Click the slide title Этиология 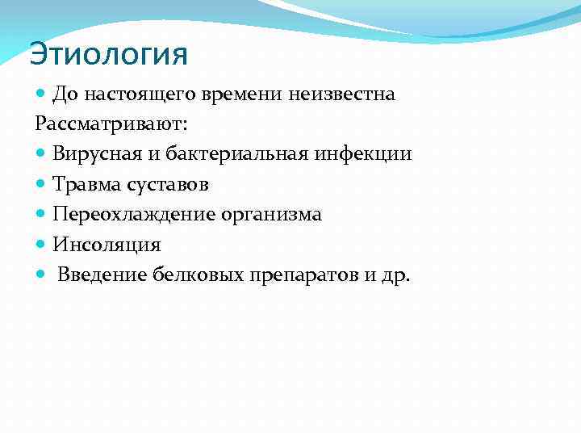click(108, 54)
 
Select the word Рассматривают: click(111, 124)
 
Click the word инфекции click(369, 153)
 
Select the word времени click(234, 95)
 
